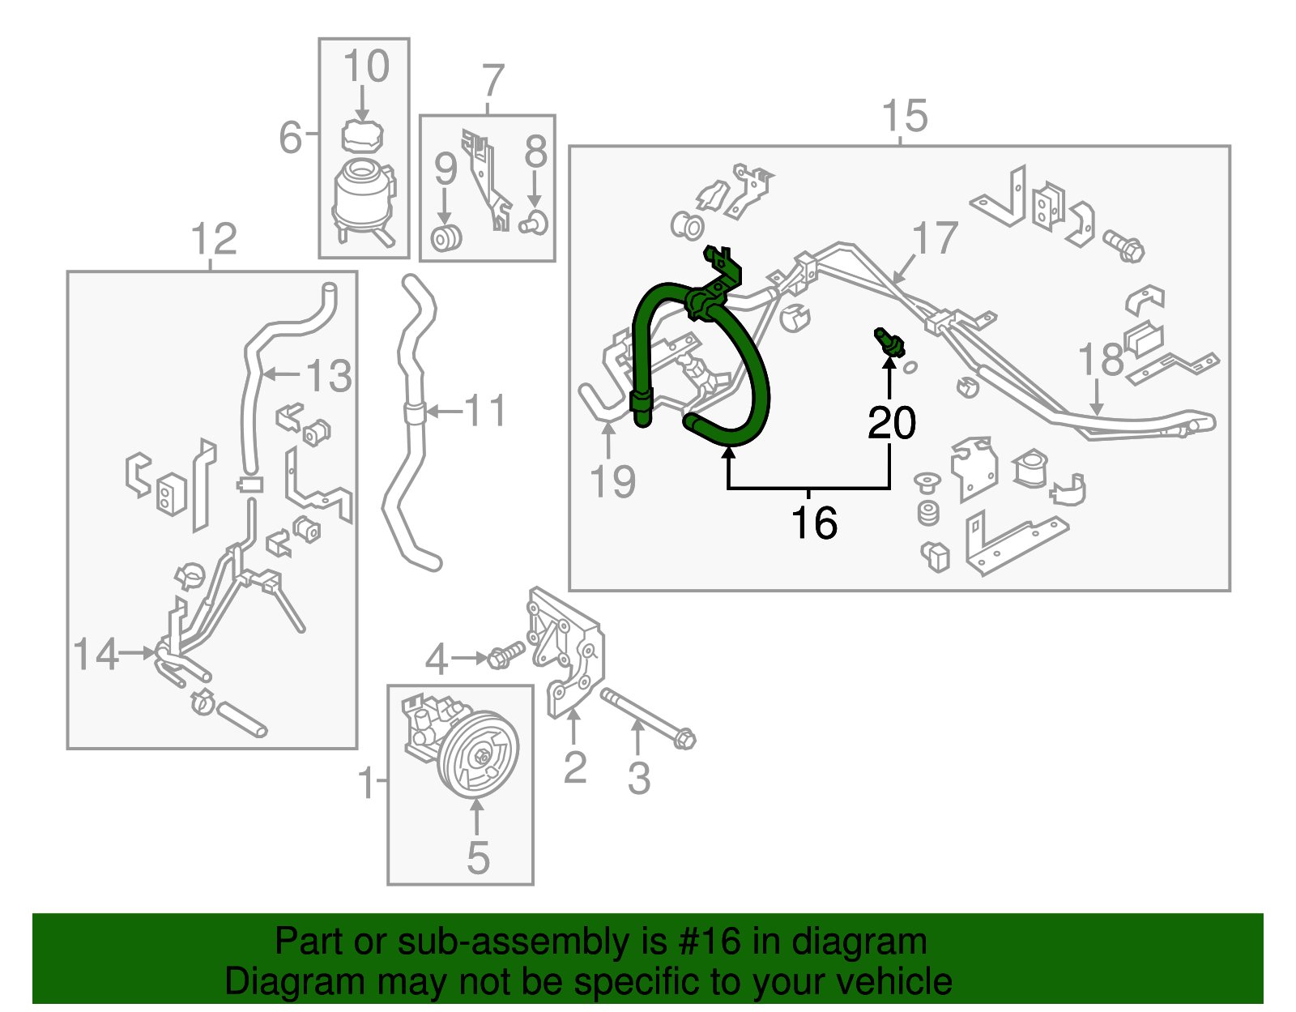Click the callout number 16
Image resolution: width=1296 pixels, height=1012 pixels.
point(814,523)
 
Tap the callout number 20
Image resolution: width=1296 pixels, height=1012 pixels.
point(891,422)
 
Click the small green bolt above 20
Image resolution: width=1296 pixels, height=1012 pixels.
point(889,343)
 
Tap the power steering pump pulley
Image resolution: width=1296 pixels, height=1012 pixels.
point(478,754)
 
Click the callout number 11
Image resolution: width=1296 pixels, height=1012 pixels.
point(485,411)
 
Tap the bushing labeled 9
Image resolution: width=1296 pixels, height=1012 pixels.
point(446,238)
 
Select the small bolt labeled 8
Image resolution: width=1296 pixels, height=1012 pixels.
point(535,222)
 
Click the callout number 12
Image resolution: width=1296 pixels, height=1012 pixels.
point(214,239)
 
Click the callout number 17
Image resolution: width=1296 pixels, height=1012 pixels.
point(935,239)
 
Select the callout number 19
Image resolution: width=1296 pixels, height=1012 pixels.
point(612,482)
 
